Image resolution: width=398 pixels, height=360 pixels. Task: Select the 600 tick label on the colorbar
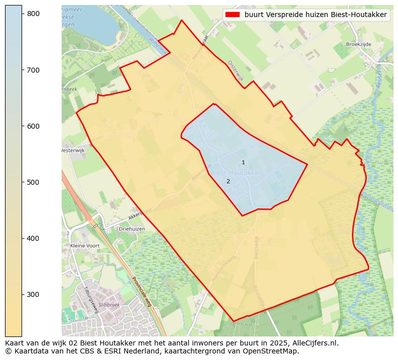(x=33, y=126)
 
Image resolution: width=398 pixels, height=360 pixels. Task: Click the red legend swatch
(x=233, y=15)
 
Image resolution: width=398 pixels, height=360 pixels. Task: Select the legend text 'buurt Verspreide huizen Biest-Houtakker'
(x=315, y=15)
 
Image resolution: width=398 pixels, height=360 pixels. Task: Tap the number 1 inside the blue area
(x=243, y=162)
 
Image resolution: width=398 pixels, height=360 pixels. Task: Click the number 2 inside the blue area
(x=228, y=181)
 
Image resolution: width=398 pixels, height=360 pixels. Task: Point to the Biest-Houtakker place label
(x=236, y=173)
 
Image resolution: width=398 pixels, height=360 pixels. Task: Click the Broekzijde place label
(x=358, y=44)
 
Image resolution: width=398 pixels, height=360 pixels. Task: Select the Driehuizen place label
(x=132, y=229)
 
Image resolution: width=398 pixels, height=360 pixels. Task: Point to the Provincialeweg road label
(x=142, y=291)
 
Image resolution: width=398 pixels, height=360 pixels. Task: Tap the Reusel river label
(x=379, y=79)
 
